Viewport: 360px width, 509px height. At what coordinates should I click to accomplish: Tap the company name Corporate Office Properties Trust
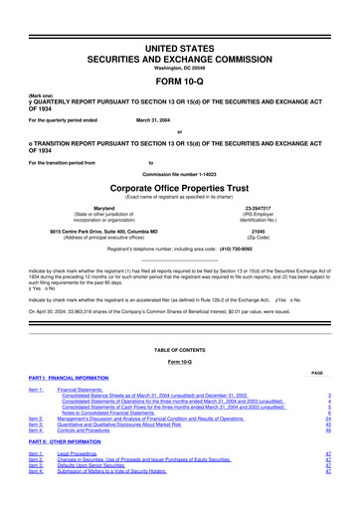[180, 186]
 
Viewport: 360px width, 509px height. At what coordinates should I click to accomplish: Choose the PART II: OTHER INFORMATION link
[62, 438]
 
